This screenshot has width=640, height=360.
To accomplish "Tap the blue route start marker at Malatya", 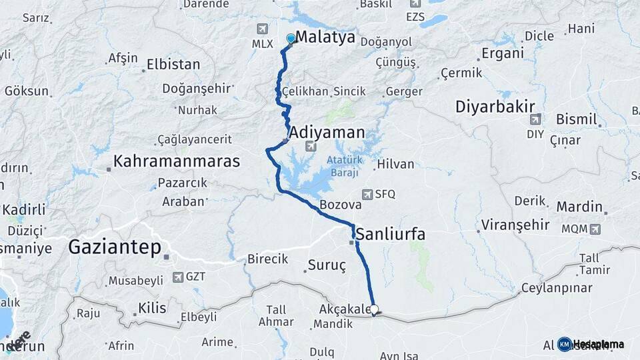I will coord(291,39).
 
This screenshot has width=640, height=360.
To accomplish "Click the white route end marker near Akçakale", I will coord(374,309).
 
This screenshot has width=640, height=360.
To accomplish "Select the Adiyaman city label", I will coord(327,132).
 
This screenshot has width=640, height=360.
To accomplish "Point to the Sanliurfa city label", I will coord(391,235).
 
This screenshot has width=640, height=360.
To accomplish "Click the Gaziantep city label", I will coord(115,248).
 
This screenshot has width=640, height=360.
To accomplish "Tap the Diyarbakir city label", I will coord(496,107).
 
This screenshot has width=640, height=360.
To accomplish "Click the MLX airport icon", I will coord(261,29).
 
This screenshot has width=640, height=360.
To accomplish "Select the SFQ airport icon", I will coord(367,194).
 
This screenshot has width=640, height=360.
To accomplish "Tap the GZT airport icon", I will coord(177,277).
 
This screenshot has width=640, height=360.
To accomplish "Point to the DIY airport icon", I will coord(535,119).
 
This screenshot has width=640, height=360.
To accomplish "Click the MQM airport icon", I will coord(595,229).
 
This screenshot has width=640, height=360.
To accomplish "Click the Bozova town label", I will coord(340,205).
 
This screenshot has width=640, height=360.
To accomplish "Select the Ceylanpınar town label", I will coord(557,288).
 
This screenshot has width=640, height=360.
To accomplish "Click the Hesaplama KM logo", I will coord(589,344).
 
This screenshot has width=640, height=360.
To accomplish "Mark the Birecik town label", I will coord(267,259).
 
